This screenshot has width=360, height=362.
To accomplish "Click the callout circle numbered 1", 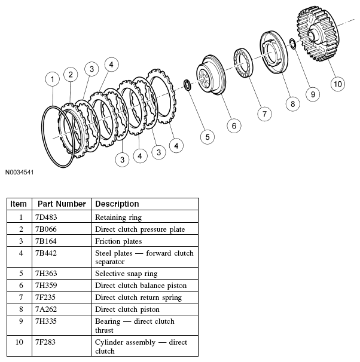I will click(53, 79).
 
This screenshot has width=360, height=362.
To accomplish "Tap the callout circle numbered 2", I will click(71, 74).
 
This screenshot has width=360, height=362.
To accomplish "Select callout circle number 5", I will click(206, 137).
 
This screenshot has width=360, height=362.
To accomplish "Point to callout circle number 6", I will click(234, 125).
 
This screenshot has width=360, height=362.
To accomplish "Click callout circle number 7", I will click(261, 113).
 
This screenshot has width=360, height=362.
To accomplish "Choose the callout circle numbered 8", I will click(292, 103).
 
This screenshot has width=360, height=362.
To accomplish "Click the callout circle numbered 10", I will click(338, 84).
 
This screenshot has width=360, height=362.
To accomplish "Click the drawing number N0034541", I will click(21, 173).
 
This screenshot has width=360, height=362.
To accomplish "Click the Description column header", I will click(117, 204).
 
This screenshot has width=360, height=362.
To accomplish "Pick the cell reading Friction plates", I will click(118, 241).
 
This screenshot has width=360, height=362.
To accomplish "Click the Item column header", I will click(19, 204).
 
